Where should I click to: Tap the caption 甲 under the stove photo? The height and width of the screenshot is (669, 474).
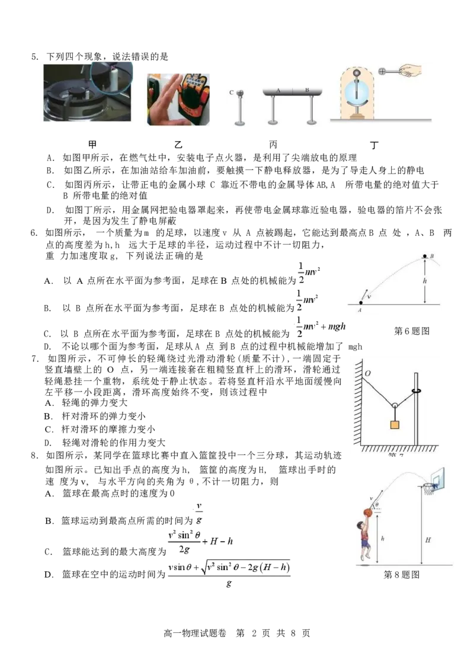click(92, 144)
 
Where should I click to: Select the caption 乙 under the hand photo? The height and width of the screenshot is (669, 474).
click(178, 145)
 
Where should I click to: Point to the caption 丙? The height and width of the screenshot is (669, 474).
click(273, 145)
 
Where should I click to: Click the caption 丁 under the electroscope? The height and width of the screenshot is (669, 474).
click(374, 145)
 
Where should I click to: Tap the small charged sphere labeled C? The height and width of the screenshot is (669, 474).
click(240, 92)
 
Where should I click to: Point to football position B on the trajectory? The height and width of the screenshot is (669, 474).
click(424, 257)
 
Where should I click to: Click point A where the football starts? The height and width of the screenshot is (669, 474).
click(360, 302)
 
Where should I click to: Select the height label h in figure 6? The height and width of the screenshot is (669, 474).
click(425, 281)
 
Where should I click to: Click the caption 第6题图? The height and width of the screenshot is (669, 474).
click(412, 331)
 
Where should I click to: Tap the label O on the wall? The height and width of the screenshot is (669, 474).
click(368, 373)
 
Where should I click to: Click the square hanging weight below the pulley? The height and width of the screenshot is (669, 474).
click(395, 425)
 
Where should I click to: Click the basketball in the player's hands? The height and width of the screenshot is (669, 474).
click(367, 514)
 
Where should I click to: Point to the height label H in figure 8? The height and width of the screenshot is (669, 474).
click(428, 540)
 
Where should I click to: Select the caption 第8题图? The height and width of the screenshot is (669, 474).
click(402, 575)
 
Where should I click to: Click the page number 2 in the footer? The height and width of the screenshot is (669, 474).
click(254, 633)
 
